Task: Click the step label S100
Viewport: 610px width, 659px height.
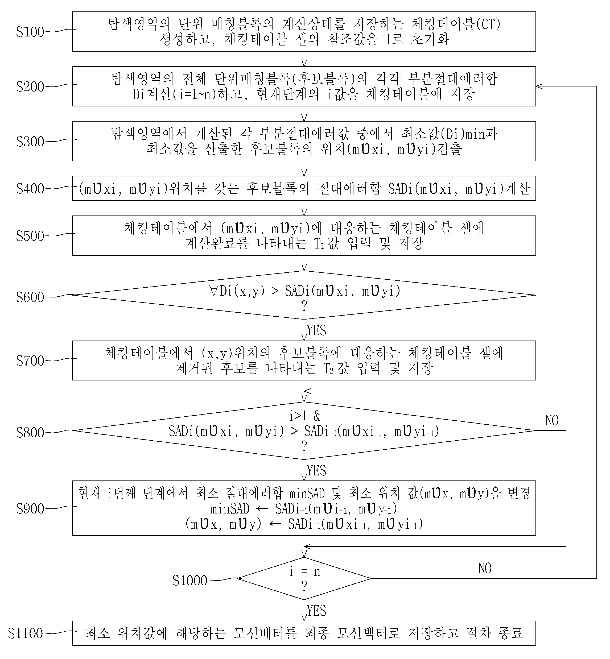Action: [x=30, y=32]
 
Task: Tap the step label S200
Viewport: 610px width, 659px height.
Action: [x=30, y=87]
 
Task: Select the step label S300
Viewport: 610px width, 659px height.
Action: [x=30, y=142]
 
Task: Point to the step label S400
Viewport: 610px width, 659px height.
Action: [x=30, y=189]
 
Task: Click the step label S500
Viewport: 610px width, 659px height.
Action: [x=30, y=236]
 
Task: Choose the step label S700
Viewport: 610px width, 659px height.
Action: [x=30, y=361]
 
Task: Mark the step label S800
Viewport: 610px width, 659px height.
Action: [x=30, y=433]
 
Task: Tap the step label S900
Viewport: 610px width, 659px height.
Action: [x=30, y=509]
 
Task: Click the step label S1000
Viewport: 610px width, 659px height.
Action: [x=190, y=581]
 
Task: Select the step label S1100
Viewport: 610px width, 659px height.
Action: [x=26, y=633]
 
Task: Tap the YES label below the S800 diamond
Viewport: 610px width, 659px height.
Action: [x=316, y=471]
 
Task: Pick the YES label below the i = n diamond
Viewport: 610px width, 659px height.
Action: [x=316, y=611]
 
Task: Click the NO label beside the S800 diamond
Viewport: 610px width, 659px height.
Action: [x=552, y=421]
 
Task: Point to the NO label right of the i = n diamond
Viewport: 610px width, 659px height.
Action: [x=485, y=569]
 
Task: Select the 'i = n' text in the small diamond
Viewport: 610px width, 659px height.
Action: [x=305, y=572]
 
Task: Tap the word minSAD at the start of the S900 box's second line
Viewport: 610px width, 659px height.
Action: [x=230, y=509]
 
